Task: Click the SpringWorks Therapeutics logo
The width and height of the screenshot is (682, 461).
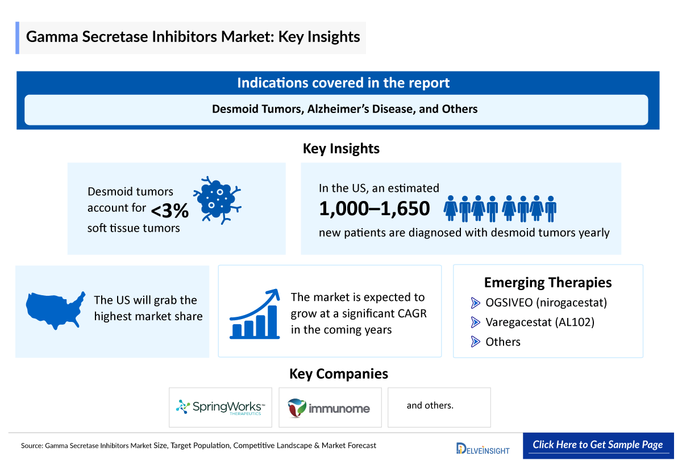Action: click(x=220, y=408)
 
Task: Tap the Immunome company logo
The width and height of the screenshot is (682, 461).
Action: click(x=329, y=408)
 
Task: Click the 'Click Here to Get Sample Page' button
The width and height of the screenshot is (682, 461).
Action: click(x=597, y=445)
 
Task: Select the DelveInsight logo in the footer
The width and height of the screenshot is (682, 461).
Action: click(x=483, y=448)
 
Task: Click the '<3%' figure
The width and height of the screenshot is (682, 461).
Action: click(x=169, y=211)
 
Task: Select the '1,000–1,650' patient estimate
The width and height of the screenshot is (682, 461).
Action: click(x=375, y=209)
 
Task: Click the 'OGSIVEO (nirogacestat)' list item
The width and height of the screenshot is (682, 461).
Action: click(x=546, y=303)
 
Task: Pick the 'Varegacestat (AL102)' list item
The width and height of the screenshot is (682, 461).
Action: click(x=539, y=322)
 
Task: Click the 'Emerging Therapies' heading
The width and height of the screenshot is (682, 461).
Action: click(x=547, y=282)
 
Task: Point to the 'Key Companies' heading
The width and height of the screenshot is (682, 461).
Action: click(x=339, y=374)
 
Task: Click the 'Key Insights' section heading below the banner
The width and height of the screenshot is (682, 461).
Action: click(x=341, y=149)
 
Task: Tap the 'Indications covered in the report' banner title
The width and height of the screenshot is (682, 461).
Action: click(x=343, y=83)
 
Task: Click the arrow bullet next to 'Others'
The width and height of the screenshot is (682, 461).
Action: click(x=476, y=341)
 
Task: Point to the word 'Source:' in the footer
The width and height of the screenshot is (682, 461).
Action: click(x=32, y=446)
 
